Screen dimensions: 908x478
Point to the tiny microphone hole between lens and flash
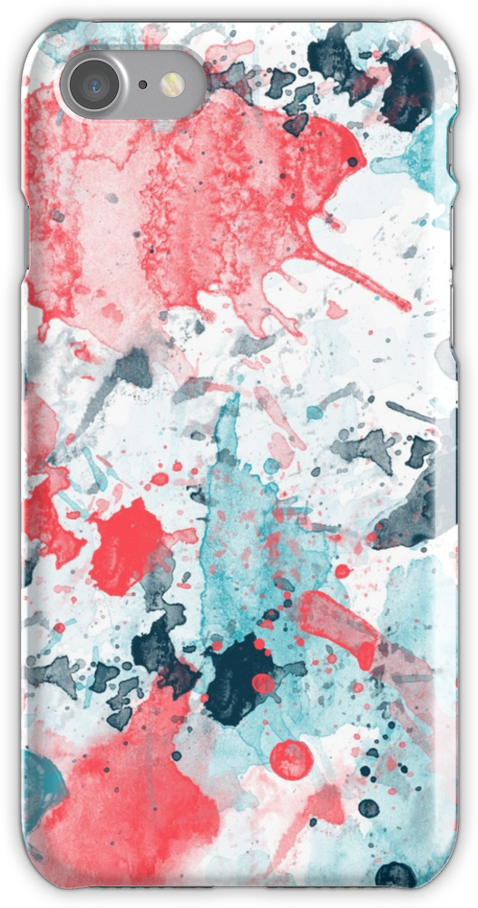coord(143,84)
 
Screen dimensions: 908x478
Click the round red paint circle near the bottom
coord(291,759)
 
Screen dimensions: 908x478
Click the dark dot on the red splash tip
coord(352,161)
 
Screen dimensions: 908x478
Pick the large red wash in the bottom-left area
coord(136,798)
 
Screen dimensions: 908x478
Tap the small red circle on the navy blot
coord(262,683)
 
